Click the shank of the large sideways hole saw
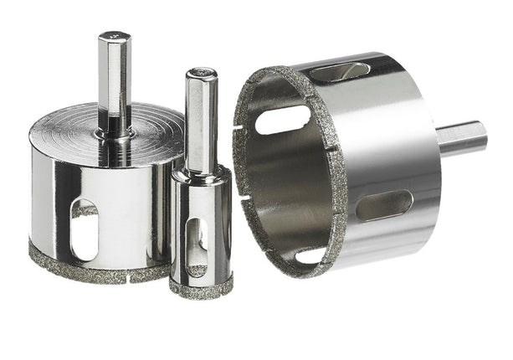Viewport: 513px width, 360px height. (x=463, y=138)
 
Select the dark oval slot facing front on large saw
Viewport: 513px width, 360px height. (x=384, y=205)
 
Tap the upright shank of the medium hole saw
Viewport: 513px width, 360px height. (x=114, y=80)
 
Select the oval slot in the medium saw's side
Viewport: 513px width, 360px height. (x=85, y=231)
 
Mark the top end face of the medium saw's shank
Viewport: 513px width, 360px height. (x=114, y=36)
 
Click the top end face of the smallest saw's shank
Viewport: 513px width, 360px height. (x=202, y=72)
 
